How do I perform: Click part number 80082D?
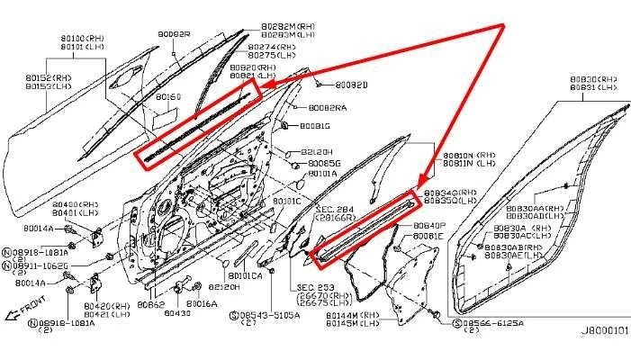point(351,85)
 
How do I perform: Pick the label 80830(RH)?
point(590,79)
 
